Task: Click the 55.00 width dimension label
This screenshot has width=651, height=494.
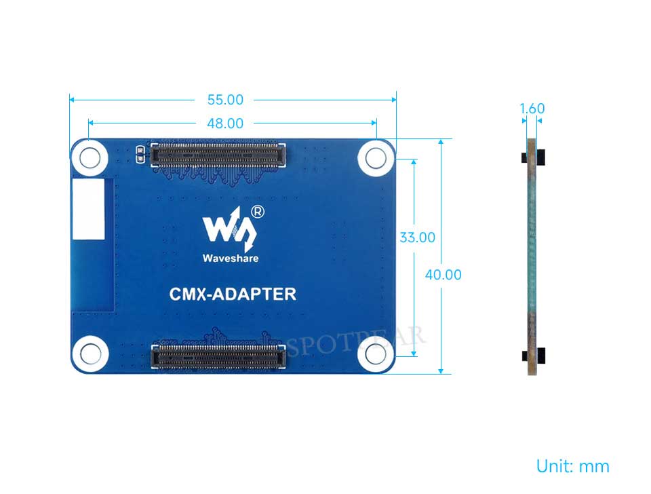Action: [x=225, y=100]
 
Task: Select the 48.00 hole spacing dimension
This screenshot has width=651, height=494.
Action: [x=225, y=123]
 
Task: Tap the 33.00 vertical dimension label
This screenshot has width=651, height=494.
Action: [x=417, y=237]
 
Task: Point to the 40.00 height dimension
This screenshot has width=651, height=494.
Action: [x=443, y=275]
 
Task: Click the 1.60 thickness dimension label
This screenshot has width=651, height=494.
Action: [x=532, y=109]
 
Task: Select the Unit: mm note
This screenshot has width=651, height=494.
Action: [x=572, y=466]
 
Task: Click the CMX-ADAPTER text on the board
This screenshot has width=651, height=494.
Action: [x=233, y=294]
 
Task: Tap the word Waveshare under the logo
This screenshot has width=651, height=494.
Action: [x=231, y=258]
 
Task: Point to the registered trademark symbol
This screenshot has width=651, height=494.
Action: [x=258, y=212]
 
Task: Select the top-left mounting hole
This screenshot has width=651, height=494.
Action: [x=90, y=158]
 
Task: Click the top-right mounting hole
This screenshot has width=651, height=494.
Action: [x=376, y=158]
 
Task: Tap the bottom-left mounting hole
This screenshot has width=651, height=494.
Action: [x=90, y=354]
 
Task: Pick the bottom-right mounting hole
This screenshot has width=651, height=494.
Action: [x=376, y=354]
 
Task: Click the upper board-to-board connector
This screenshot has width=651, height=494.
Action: [x=218, y=155]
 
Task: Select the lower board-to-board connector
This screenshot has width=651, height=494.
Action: [x=218, y=356]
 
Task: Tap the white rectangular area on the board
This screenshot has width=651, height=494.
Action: [x=88, y=209]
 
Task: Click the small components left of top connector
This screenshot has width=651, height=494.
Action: [x=140, y=154]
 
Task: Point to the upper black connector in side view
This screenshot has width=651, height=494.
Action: [x=533, y=157]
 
